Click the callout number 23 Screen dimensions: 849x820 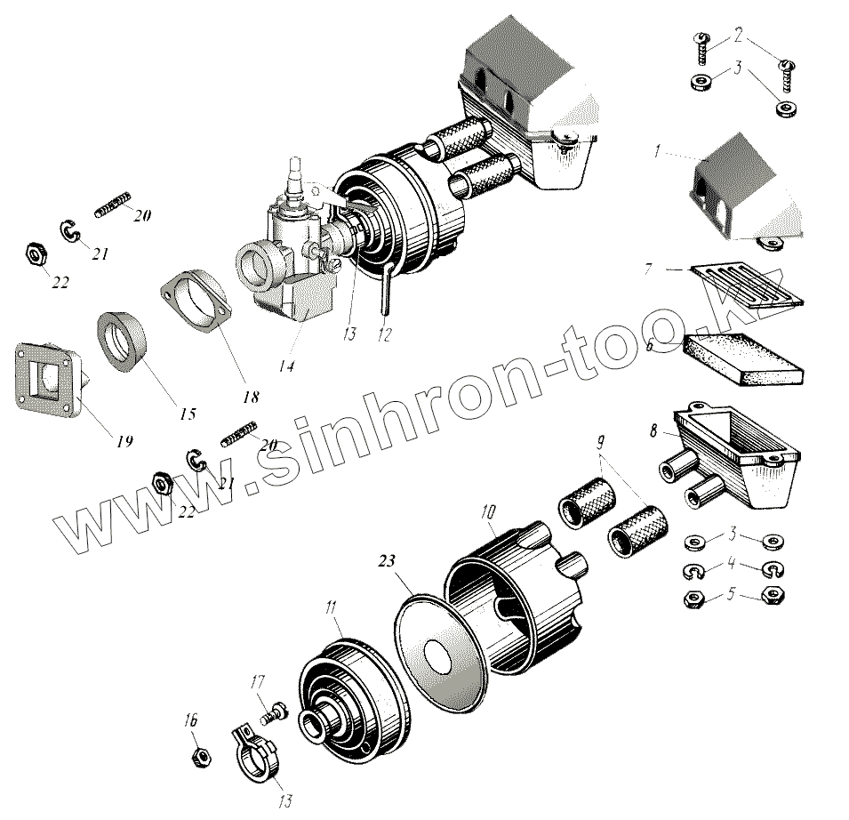tap(387, 560)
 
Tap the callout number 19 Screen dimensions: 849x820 tap(124, 441)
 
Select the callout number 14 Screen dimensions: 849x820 tap(287, 366)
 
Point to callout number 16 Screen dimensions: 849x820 tap(190, 720)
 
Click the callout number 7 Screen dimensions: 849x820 tap(648, 269)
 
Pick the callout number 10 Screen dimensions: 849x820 tap(488, 511)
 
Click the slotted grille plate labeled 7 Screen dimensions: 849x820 tap(747, 285)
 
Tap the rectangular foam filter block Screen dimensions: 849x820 tap(744, 358)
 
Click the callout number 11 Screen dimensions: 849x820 tap(331, 607)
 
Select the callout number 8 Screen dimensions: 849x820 tap(653, 430)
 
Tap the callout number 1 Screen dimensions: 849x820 tap(657, 151)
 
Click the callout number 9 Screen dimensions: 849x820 tap(600, 443)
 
